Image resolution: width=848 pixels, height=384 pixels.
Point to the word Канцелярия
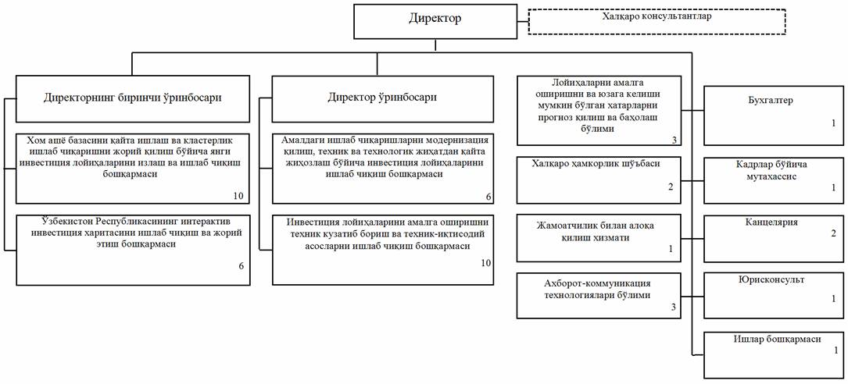point(772,222)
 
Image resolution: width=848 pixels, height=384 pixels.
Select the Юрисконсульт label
point(772,279)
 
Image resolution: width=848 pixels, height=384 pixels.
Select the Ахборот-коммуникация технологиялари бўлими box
point(597,289)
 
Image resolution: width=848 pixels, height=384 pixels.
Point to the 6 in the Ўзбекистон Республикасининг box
point(242,266)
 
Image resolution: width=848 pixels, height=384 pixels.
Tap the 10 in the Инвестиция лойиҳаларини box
point(485,263)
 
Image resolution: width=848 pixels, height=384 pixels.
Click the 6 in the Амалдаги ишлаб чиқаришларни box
point(488,194)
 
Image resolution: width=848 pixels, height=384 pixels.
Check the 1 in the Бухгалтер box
point(833,123)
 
